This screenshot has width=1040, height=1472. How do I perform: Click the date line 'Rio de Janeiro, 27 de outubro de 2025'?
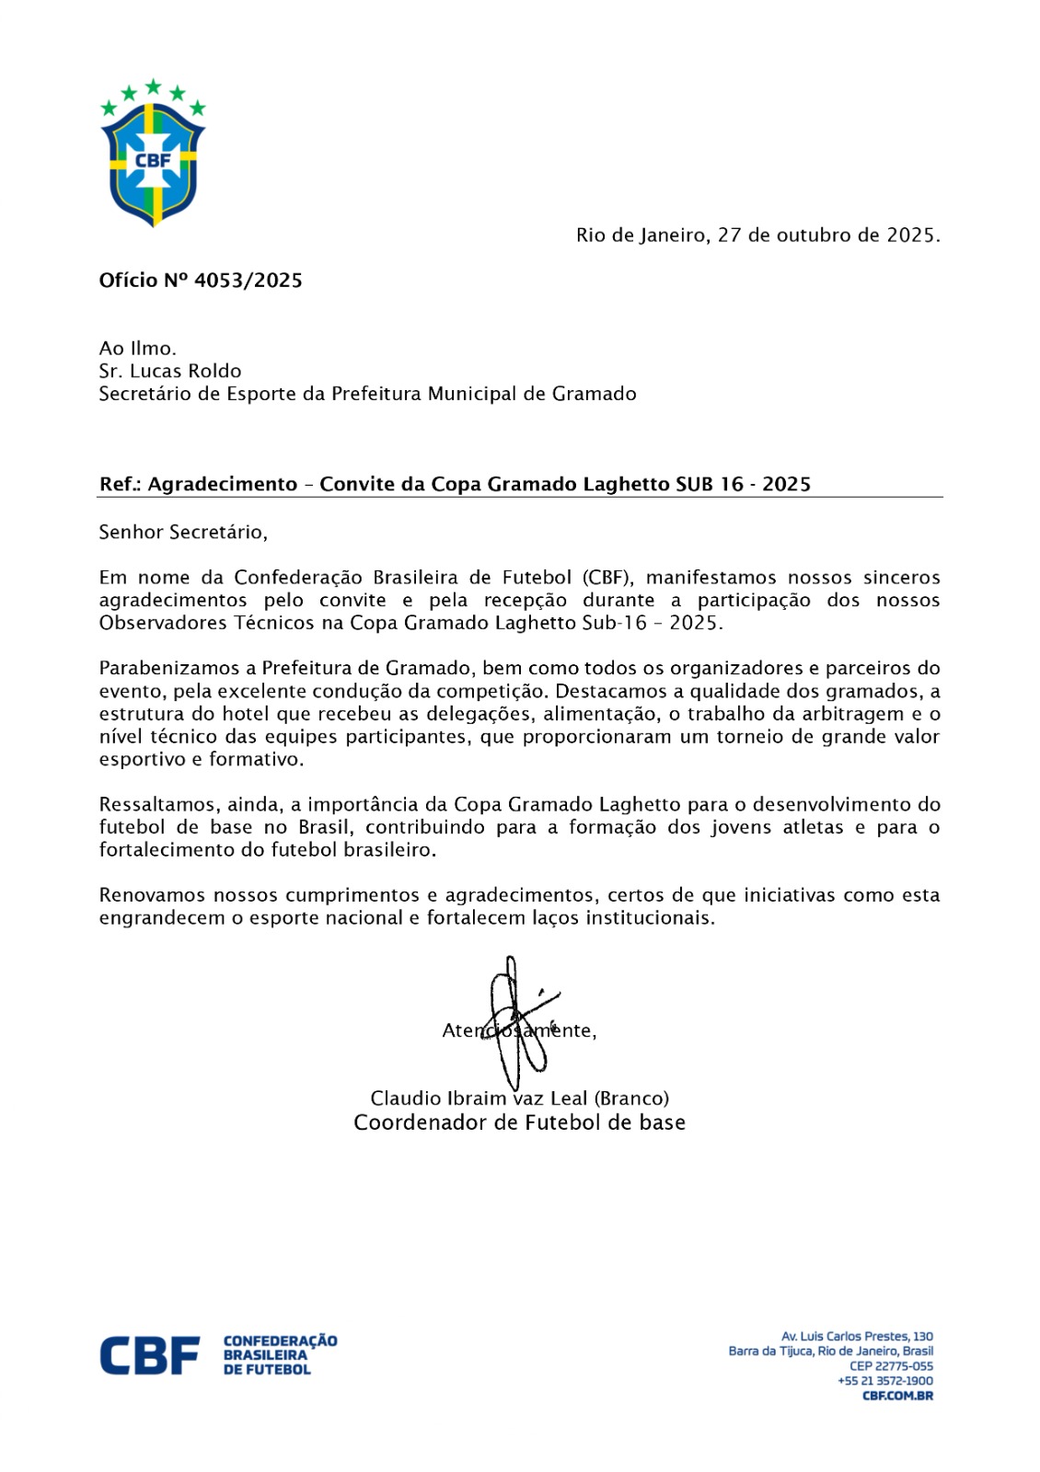(x=757, y=236)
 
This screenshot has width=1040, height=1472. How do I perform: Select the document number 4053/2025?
(x=248, y=282)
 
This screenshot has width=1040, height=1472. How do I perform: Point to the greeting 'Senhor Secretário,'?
(x=183, y=533)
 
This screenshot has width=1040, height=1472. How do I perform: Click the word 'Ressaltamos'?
(x=156, y=805)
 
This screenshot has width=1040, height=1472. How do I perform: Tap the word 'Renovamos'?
(x=151, y=895)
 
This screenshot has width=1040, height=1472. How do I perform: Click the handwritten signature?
(x=518, y=1021)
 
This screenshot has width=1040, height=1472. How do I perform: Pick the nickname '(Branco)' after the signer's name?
(x=631, y=1098)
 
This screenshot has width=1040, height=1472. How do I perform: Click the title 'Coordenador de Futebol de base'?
(x=519, y=1123)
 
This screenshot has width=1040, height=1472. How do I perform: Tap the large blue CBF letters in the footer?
(x=149, y=1355)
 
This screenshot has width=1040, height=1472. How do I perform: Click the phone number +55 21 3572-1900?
(x=884, y=1381)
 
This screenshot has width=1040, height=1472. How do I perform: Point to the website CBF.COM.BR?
(x=897, y=1396)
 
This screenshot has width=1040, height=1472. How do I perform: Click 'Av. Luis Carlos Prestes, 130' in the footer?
(x=857, y=1337)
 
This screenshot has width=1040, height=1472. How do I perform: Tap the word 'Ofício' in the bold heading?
(x=128, y=282)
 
